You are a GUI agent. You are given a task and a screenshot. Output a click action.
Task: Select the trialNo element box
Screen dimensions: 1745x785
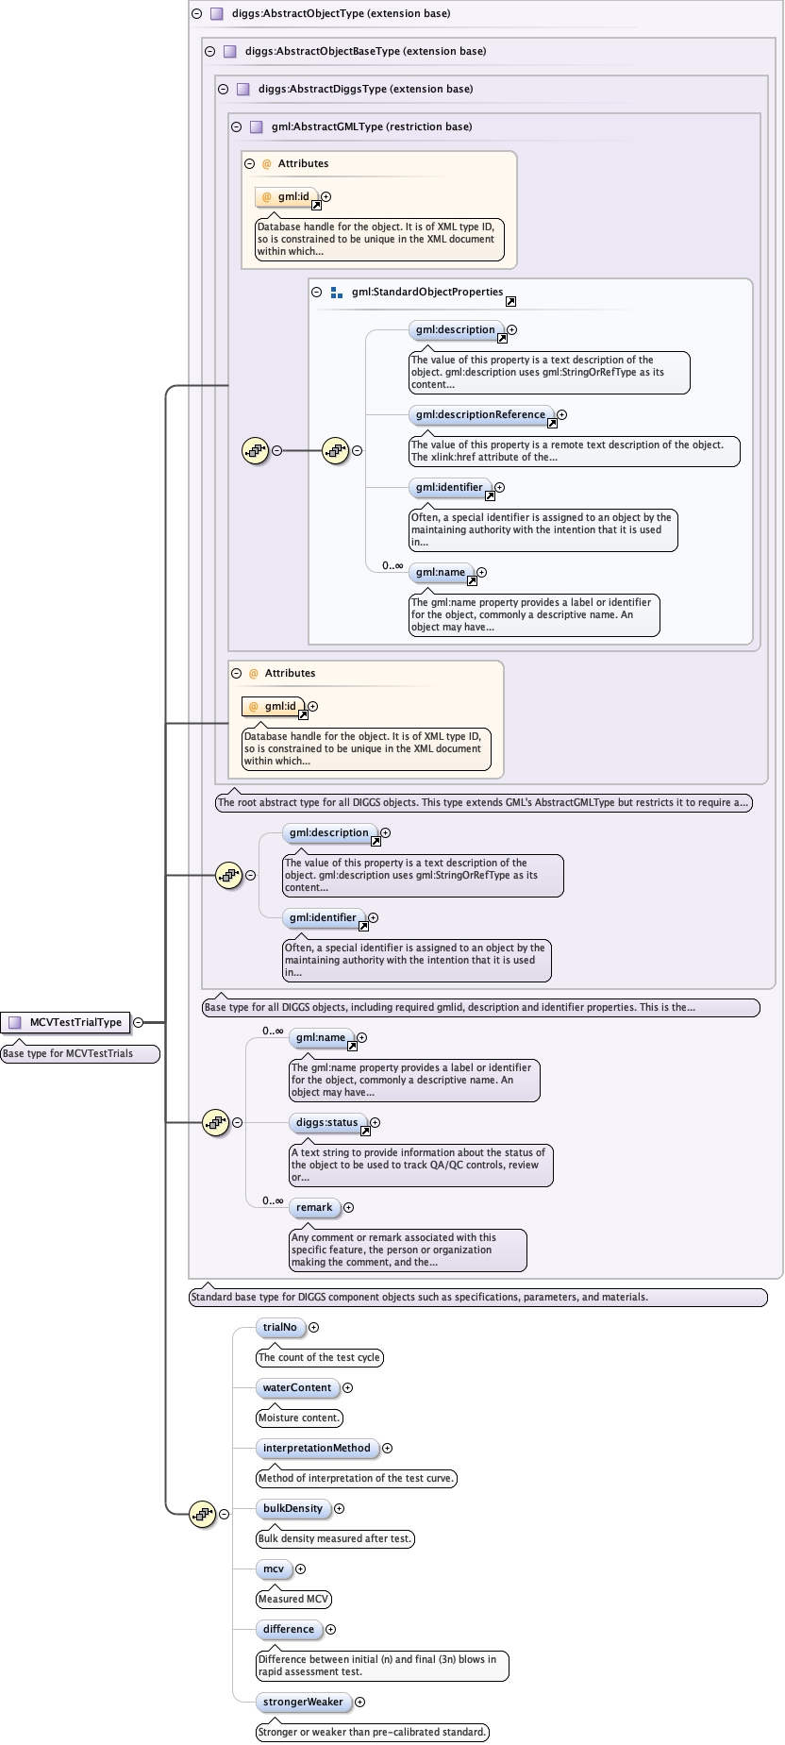point(279,1327)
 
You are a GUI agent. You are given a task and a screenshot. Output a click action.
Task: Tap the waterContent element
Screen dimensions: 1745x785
point(296,1387)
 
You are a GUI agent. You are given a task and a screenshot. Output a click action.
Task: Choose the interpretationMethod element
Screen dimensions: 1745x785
point(316,1448)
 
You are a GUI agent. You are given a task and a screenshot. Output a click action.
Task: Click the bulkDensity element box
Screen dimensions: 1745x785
point(292,1508)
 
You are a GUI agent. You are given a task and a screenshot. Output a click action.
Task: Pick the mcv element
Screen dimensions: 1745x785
point(273,1569)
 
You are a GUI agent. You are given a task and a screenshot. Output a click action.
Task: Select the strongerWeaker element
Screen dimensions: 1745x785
point(303,1702)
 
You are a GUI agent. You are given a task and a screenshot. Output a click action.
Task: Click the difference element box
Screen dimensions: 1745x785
point(288,1629)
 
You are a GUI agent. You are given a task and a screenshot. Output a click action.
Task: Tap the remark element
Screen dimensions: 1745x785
point(313,1207)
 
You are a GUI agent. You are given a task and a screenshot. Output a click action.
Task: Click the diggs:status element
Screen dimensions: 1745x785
point(326,1122)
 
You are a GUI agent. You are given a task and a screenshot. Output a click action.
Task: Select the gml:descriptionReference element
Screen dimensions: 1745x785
point(480,414)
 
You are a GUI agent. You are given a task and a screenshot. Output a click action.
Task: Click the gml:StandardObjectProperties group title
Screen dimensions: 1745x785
point(426,293)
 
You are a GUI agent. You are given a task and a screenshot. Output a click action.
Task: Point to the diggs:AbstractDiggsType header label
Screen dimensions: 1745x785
point(364,89)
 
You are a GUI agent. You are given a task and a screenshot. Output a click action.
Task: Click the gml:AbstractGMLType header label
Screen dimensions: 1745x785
point(371,126)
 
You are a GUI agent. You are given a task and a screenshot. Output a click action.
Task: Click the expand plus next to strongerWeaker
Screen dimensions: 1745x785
point(359,1702)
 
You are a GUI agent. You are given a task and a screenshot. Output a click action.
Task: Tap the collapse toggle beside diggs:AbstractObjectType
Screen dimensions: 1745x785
point(196,13)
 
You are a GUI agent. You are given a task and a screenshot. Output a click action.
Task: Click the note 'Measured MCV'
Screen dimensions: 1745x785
point(293,1599)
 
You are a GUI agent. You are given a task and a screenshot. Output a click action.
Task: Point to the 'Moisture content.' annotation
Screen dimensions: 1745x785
point(298,1418)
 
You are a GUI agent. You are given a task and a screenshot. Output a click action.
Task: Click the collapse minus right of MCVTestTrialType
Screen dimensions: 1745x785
point(138,1022)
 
